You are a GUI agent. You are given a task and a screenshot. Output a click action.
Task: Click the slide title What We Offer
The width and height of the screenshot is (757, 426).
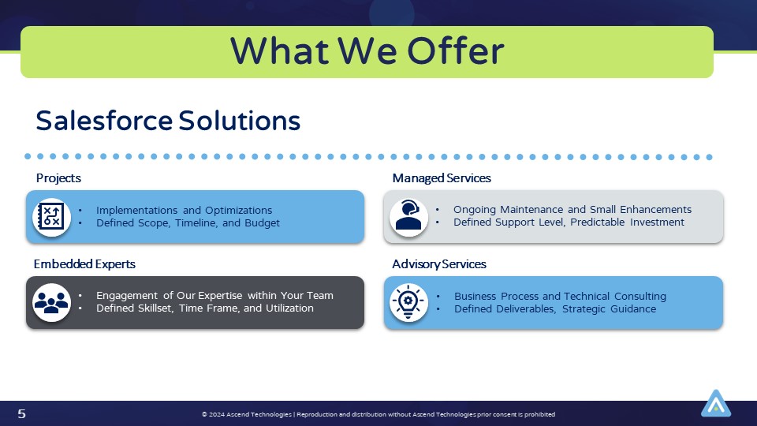coord(367,51)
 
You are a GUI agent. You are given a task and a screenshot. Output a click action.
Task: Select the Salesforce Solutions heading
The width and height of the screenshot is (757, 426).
coord(168,121)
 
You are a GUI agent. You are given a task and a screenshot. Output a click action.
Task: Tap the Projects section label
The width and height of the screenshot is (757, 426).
coord(58,178)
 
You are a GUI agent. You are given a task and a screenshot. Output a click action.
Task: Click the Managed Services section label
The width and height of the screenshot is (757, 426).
coord(442,178)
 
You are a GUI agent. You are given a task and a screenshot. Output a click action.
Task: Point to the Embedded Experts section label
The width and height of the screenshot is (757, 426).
coord(84,263)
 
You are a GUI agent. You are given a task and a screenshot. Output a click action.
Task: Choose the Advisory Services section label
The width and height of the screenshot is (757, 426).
coord(439,263)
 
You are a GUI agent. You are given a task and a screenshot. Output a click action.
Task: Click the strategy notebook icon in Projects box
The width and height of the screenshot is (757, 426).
coord(52,217)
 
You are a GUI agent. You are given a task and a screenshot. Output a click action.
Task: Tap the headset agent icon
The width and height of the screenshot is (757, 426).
coord(408,216)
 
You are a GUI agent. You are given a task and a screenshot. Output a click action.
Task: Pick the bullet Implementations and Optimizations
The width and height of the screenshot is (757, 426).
coord(184,210)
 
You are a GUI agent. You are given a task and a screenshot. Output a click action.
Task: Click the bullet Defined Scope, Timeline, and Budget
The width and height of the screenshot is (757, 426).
coord(188,222)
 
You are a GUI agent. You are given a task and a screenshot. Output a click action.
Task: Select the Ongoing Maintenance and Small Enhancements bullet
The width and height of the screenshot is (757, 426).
coord(572,209)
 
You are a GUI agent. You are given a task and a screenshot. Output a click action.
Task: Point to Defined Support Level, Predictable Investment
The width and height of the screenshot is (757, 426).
coord(569,222)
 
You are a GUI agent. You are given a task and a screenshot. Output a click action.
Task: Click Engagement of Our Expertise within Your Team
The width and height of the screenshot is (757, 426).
coord(214,295)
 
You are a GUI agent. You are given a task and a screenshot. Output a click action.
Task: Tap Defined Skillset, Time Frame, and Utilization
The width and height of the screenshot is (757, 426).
coord(204,308)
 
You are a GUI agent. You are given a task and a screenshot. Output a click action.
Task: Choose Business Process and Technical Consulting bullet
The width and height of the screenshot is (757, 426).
coord(560,296)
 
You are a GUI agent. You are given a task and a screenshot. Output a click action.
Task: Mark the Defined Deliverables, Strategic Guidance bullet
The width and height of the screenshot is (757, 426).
coord(554,308)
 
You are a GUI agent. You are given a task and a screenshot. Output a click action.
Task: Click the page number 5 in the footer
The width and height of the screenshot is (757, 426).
coord(21,414)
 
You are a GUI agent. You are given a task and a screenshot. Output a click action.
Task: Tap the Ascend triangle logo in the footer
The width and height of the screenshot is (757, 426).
coord(715,403)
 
